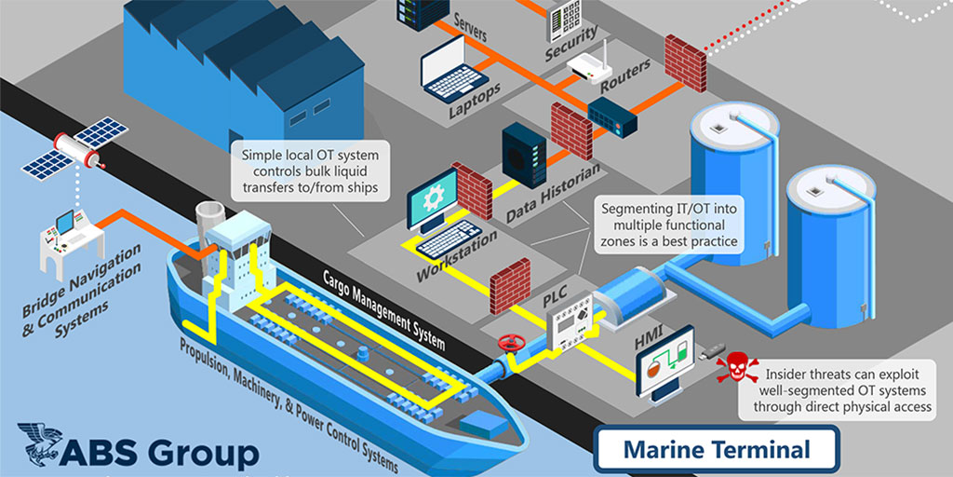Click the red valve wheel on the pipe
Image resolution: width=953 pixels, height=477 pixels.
click(508, 343)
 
